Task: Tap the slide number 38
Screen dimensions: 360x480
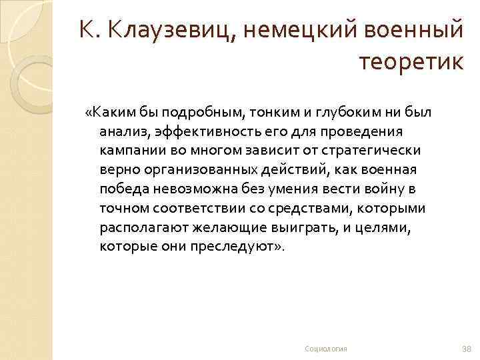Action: (x=466, y=349)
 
